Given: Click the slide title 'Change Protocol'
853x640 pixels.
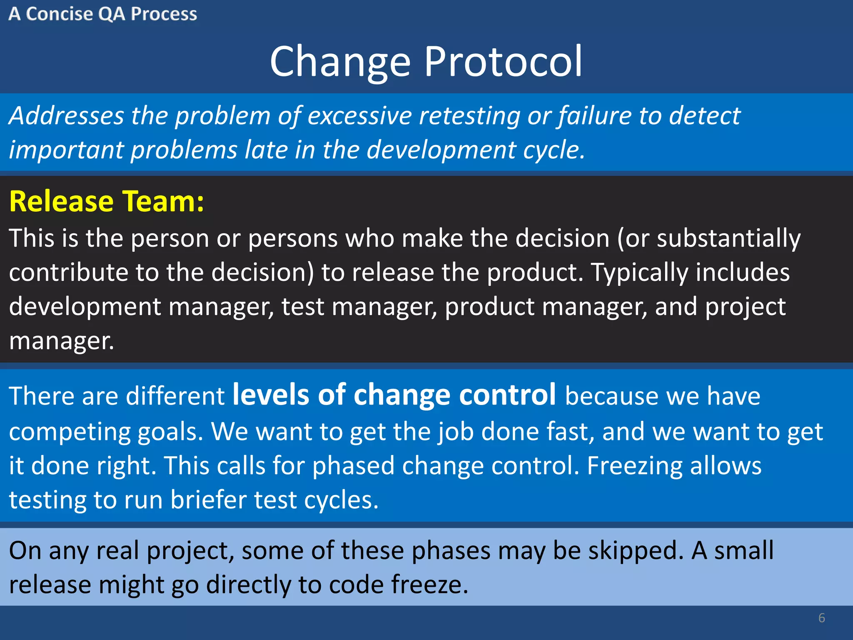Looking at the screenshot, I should [x=426, y=62].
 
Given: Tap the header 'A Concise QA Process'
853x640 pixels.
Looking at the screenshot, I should [x=102, y=14].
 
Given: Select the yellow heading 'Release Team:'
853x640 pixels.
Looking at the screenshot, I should [x=107, y=202].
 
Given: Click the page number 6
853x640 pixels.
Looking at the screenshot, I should [x=821, y=618].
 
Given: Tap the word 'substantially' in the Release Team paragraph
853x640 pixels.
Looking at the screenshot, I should [x=728, y=239].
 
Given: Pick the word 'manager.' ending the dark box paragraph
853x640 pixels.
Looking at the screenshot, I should [x=62, y=341].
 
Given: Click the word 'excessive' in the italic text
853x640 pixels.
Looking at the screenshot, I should [x=359, y=115].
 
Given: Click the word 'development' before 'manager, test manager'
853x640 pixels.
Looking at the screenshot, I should [x=85, y=307].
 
